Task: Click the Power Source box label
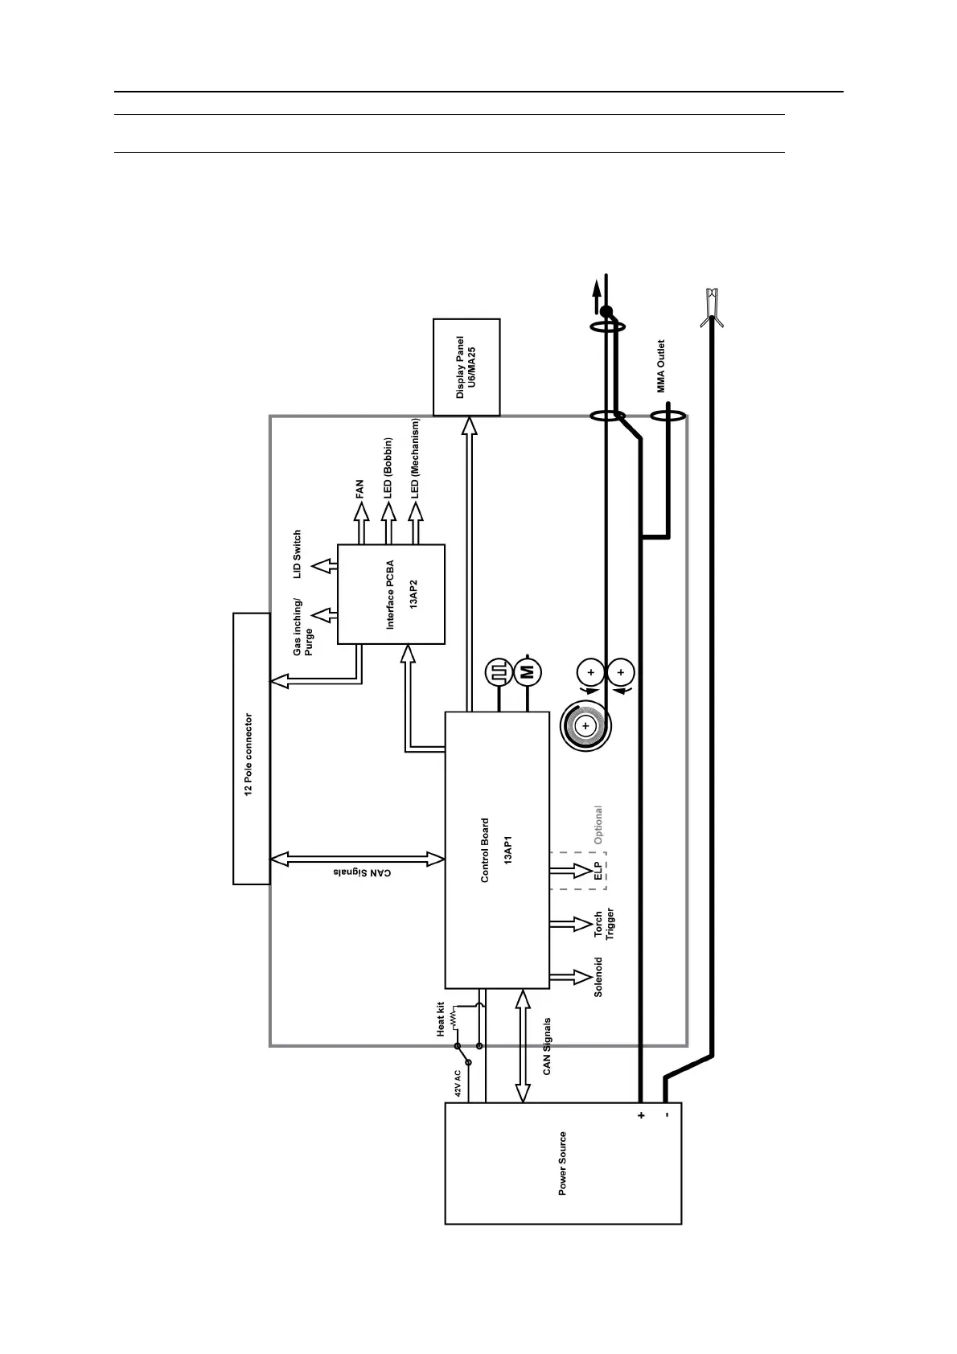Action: pos(562,1163)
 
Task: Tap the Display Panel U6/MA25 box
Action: pos(466,367)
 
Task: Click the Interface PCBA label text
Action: pos(390,594)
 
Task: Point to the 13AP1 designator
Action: pos(508,849)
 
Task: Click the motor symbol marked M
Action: pos(528,672)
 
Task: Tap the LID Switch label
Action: pos(298,554)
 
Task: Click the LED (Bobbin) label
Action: pos(388,468)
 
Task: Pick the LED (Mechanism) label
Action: pos(416,458)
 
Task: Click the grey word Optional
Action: pos(598,825)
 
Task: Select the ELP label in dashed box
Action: pos(598,871)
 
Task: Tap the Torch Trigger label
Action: pos(604,925)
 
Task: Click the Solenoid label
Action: pos(598,977)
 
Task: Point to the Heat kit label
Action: pos(441,1019)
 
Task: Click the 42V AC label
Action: pos(458,1081)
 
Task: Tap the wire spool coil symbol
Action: pos(585,726)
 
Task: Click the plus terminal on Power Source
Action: pos(641,1115)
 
